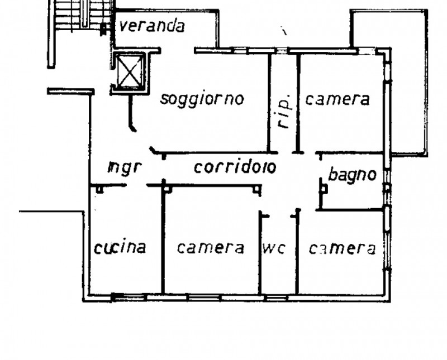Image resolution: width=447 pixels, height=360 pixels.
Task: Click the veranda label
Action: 152,26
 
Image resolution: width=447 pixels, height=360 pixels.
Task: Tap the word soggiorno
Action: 202,99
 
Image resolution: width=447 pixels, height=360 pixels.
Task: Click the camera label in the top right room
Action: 337,99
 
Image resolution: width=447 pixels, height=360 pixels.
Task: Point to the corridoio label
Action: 235,166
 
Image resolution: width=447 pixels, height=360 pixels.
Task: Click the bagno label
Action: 352,175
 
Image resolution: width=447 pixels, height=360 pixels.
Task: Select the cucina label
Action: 120,247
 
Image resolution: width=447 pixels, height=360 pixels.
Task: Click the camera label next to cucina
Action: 211,247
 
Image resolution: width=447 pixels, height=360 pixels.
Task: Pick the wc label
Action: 274,248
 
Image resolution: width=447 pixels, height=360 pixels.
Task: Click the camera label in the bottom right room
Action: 342,248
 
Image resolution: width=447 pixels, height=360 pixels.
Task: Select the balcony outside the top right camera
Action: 408,84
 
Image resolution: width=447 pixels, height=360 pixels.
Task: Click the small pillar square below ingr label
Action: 99,190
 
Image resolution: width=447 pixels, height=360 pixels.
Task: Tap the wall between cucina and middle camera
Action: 163,240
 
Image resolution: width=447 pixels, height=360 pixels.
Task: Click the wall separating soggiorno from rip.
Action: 269,103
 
